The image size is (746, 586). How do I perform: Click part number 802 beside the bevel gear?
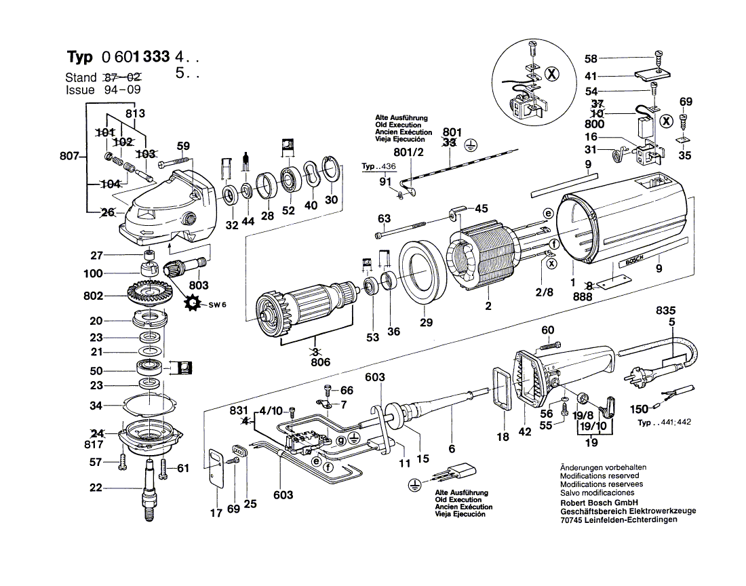(x=94, y=296)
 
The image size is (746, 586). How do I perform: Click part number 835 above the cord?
(x=665, y=310)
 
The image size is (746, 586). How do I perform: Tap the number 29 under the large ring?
(x=426, y=323)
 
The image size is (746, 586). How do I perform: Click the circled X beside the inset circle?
(x=552, y=75)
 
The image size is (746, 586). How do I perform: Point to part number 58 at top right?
(x=591, y=59)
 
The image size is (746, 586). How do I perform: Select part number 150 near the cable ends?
(x=639, y=410)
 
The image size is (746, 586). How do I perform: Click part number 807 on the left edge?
(x=70, y=157)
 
